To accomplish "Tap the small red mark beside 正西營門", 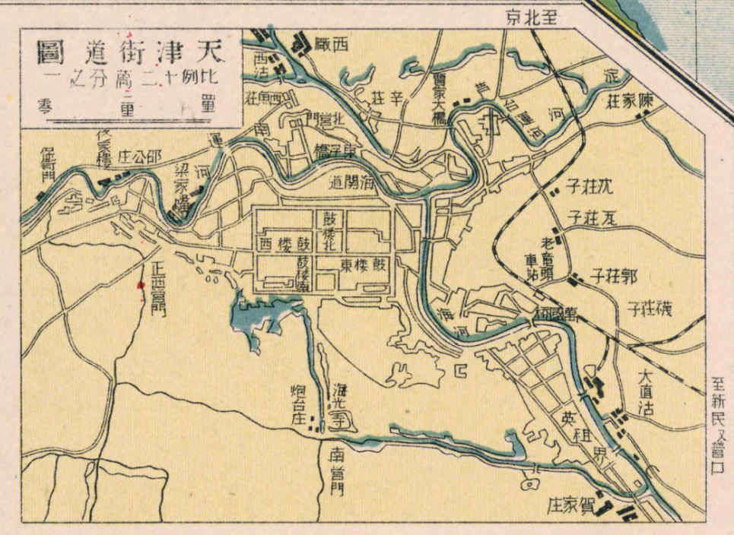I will coord(139,286).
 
